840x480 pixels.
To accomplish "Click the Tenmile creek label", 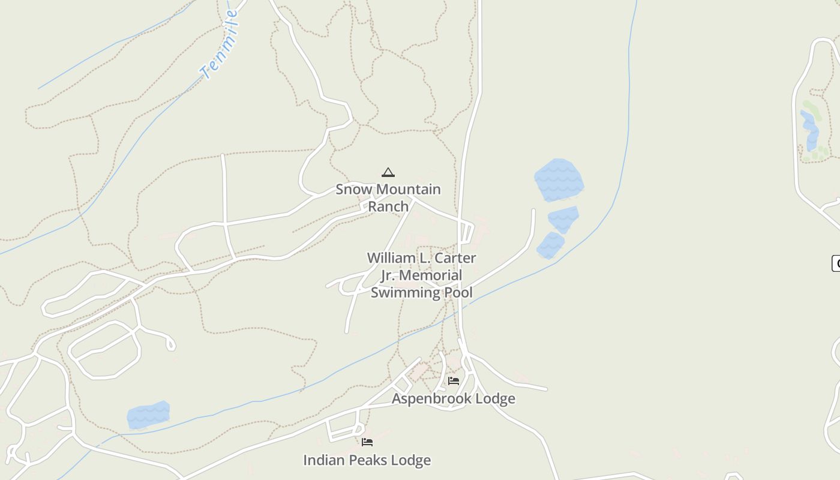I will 220,45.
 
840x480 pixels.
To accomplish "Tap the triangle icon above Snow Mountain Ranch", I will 388,173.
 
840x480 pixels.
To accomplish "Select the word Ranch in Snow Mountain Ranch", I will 388,206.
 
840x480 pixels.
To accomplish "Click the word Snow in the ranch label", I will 353,190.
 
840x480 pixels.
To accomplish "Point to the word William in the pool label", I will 391,258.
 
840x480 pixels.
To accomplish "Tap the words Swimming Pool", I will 421,293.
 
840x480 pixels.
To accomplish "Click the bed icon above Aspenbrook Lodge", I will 454,380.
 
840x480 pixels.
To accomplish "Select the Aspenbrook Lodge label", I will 454,398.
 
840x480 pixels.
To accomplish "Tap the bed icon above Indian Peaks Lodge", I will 367,442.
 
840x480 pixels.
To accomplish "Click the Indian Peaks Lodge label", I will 367,460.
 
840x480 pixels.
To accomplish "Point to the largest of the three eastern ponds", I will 559,179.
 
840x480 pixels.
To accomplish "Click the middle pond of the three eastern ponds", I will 563,219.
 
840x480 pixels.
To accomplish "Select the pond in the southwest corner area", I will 148,415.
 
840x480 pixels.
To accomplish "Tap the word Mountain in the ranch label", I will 408,190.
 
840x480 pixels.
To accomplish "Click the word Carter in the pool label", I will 455,258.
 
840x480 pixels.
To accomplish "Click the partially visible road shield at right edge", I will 836,263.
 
